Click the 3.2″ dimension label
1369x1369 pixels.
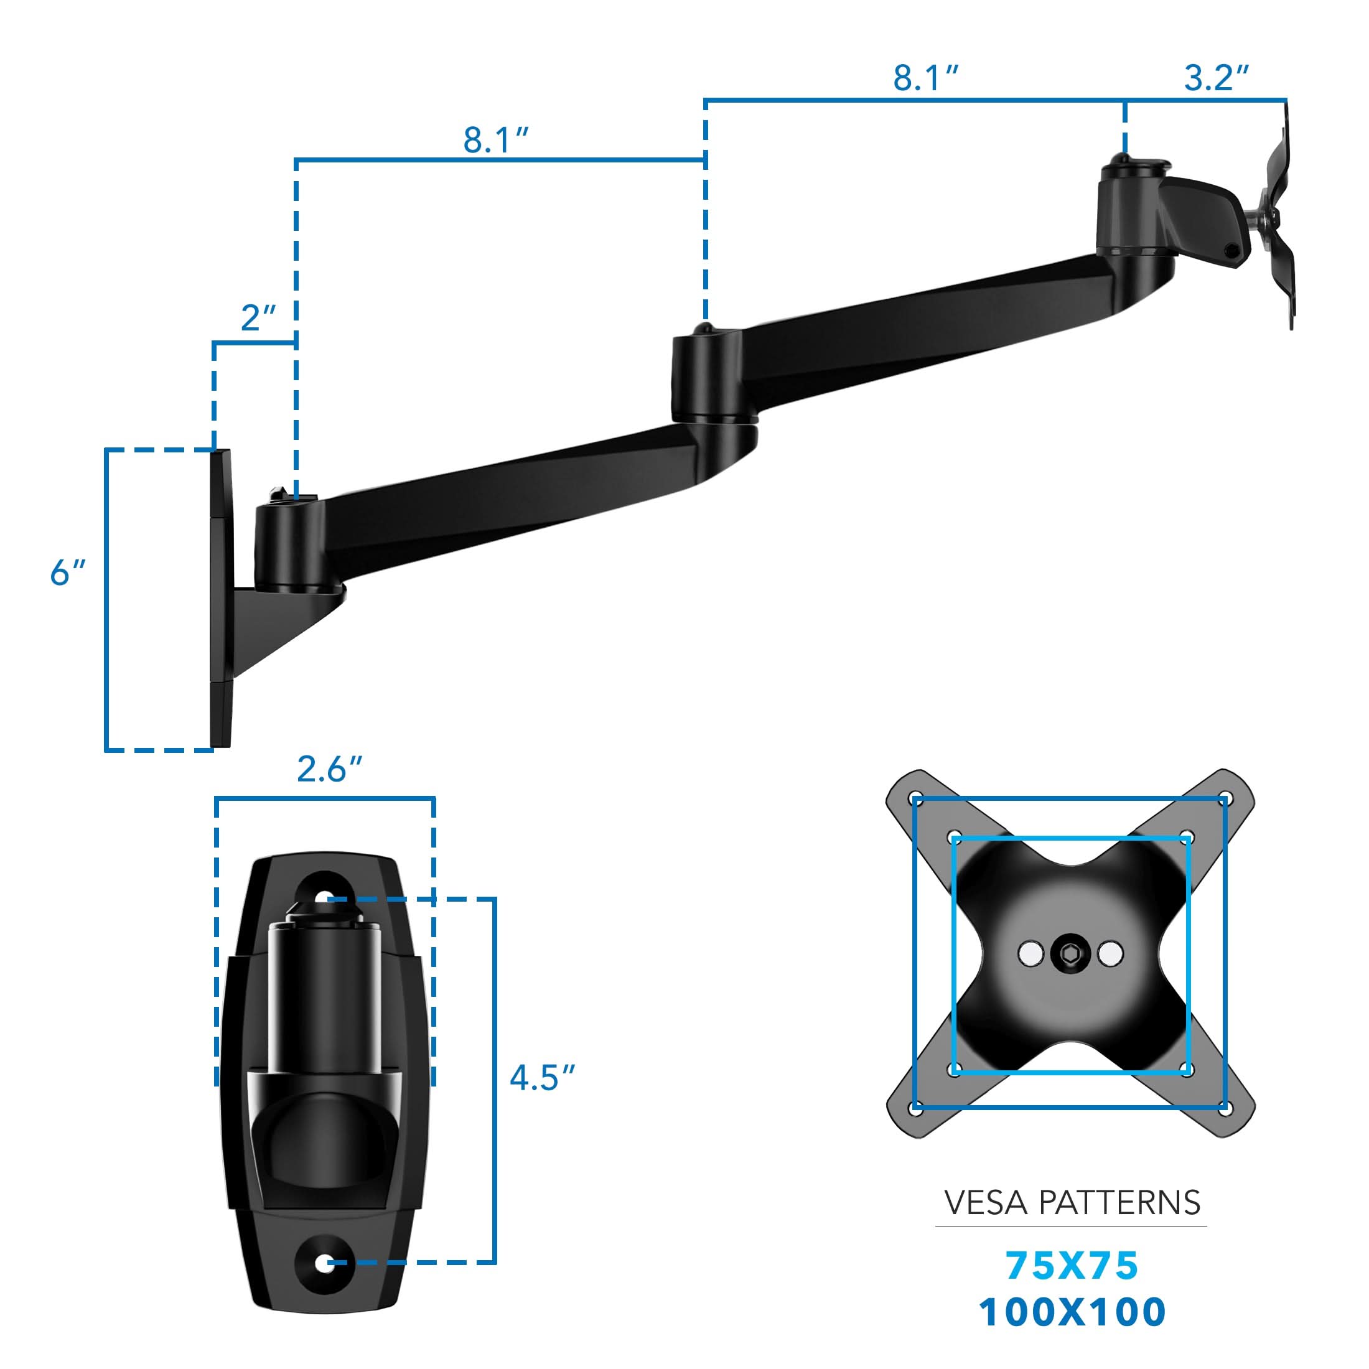click(1215, 78)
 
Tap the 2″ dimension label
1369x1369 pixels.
click(258, 319)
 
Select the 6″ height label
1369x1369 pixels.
click(68, 572)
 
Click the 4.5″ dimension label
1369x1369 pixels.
click(542, 1078)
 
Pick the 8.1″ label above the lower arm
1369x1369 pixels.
click(496, 139)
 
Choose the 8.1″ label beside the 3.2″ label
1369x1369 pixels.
click(925, 78)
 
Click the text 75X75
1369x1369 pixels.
click(1072, 1266)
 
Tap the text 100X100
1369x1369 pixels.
click(1072, 1312)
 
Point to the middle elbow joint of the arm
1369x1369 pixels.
click(706, 379)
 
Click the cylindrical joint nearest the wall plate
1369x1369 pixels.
click(289, 546)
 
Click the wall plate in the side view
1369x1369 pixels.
click(220, 599)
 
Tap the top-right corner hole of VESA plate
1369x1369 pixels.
click(1227, 798)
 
